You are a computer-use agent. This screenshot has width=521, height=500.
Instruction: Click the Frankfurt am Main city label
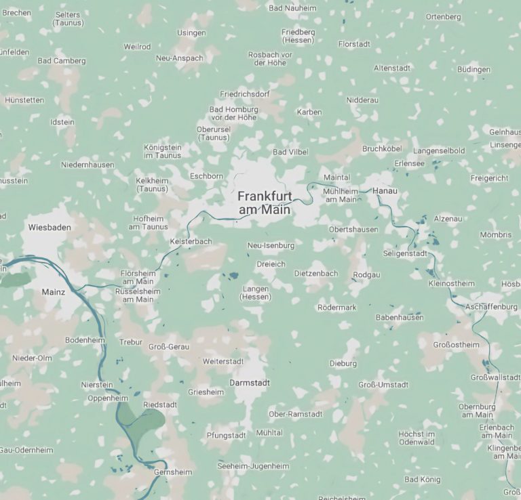pos(265,203)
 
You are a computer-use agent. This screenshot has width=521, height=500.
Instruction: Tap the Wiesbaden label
pos(50,228)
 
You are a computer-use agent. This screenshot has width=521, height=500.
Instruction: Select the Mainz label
pos(53,291)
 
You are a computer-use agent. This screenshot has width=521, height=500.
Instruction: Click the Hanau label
pos(385,192)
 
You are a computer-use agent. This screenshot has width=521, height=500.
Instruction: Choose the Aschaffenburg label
pos(491,307)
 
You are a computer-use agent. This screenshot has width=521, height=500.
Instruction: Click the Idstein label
pos(62,122)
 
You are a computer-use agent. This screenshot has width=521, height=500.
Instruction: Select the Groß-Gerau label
pos(169,347)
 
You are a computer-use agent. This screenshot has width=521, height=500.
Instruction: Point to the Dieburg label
pos(343,364)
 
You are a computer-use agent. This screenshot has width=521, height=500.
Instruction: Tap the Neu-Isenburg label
pos(271,245)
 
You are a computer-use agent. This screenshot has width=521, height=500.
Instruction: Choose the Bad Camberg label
pos(62,60)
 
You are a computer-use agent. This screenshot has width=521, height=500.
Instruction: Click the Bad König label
pos(422,480)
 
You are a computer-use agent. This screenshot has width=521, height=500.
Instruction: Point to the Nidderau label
pos(362,100)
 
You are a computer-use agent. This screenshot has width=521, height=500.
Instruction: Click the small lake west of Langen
pos(233,276)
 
